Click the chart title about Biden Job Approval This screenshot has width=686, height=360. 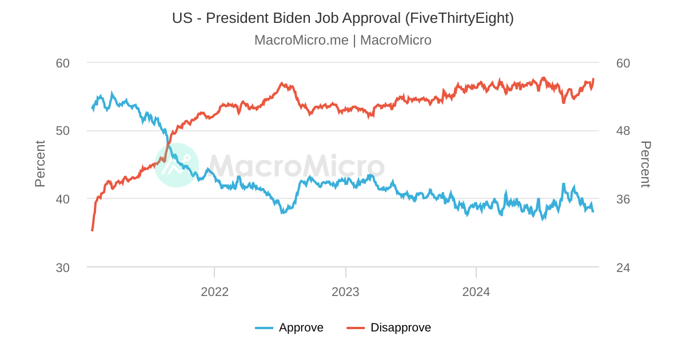343,18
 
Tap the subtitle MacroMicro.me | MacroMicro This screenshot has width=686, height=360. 343,40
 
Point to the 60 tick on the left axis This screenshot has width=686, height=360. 63,63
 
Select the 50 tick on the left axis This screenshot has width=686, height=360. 63,131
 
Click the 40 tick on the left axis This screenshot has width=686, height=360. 63,199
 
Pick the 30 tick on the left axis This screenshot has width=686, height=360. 63,267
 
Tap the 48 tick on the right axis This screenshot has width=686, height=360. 623,131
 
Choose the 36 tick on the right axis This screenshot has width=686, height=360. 623,199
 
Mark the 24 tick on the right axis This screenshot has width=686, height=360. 623,267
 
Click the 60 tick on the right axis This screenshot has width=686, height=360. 623,63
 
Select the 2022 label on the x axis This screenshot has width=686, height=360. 214,292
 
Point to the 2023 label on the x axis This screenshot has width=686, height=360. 345,292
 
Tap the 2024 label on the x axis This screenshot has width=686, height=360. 476,292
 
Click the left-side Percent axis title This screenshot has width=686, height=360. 39,164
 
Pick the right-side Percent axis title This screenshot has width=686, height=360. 645,164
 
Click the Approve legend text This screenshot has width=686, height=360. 301,327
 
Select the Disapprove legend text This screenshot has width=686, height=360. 401,327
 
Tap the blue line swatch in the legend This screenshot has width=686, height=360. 264,327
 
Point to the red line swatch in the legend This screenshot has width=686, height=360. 356,327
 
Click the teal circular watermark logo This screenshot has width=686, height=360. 177,165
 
